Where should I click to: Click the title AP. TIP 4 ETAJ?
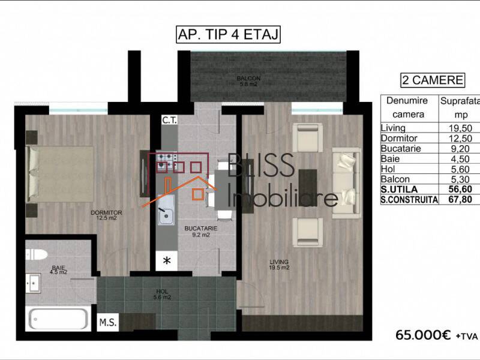click(x=229, y=34)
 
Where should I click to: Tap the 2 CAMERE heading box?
click(x=432, y=80)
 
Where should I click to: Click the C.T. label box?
click(x=169, y=120)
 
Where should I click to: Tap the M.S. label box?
click(x=108, y=322)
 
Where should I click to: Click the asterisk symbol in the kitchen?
click(x=167, y=260)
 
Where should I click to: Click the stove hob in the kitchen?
click(x=166, y=160)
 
